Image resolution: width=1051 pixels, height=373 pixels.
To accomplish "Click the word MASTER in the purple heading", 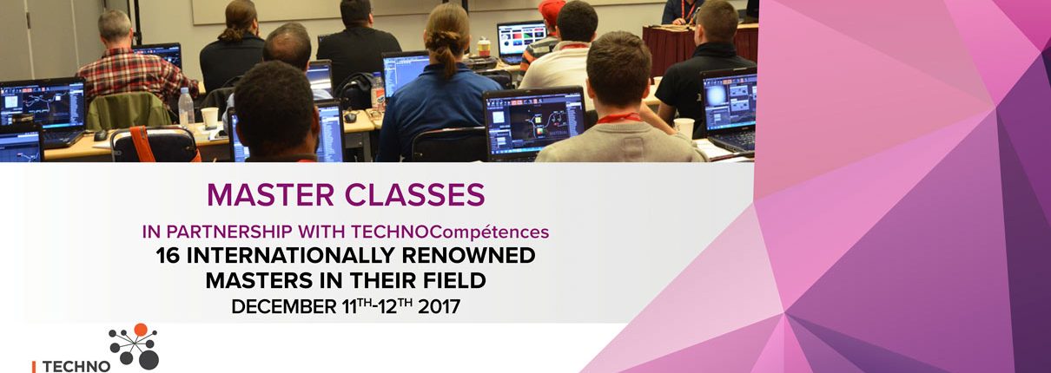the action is (270, 194).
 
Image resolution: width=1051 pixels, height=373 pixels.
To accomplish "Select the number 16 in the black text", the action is (168, 255).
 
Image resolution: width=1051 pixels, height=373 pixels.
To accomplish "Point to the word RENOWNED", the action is (468, 255).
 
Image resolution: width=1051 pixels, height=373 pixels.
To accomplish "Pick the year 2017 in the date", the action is (439, 307).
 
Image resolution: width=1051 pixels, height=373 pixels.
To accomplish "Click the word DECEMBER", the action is (284, 307).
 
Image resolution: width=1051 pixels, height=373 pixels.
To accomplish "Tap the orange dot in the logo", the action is (141, 330).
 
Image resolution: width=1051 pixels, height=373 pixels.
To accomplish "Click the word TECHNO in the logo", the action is (76, 366).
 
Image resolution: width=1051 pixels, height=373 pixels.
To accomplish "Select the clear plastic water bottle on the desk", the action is (186, 108).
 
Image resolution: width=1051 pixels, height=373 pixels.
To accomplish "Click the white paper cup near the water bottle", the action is (209, 117).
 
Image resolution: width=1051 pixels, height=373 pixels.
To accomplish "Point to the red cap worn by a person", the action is (552, 10).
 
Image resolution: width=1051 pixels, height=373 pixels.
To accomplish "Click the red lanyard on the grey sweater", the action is (618, 118).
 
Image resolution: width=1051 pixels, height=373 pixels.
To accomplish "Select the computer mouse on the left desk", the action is (101, 135).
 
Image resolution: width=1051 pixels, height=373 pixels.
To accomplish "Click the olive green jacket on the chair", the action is (129, 112).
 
